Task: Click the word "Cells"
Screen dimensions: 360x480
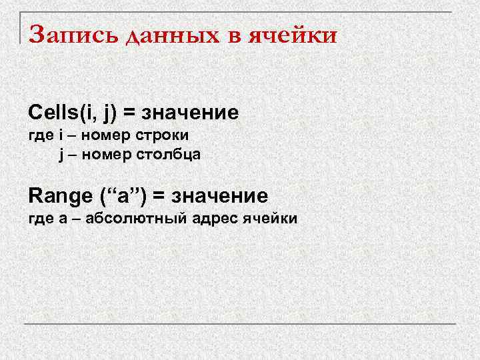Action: tap(52, 113)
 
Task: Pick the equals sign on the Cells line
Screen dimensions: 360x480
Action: tap(132, 113)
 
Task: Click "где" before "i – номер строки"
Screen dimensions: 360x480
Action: tap(39, 135)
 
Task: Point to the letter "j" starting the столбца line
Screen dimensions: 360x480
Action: tap(61, 155)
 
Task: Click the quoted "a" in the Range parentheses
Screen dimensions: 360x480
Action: tap(124, 197)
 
